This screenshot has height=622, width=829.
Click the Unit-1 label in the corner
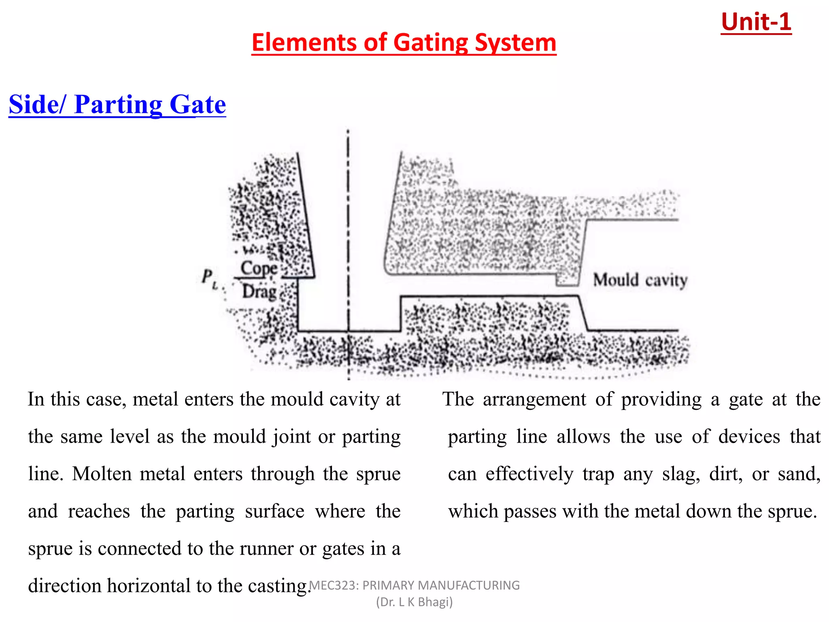(x=756, y=22)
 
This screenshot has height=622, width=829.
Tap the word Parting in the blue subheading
(x=118, y=104)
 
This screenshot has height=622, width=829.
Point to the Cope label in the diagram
(x=259, y=268)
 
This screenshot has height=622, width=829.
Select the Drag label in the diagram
(x=259, y=291)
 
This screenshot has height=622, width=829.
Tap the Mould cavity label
(x=640, y=280)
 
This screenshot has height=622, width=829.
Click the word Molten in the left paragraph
(x=102, y=473)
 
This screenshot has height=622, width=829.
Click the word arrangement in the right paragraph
(x=534, y=399)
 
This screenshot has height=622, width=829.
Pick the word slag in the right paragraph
(x=680, y=473)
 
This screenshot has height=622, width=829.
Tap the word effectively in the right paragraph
(x=529, y=473)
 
